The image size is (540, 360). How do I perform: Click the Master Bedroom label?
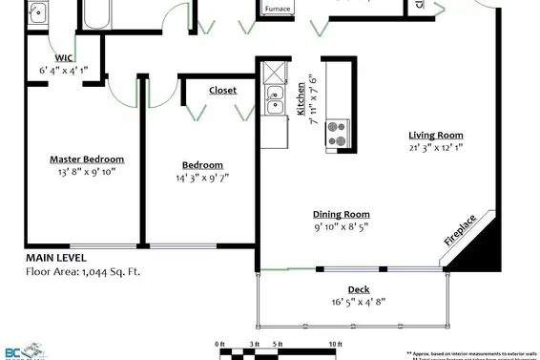(87, 159)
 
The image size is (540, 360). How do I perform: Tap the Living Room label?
(436, 135)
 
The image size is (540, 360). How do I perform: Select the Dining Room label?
(342, 215)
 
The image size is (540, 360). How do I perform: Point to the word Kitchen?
(301, 98)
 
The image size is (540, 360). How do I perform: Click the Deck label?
(359, 289)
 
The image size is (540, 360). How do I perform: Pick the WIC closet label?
(64, 58)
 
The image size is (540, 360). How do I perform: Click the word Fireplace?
(461, 232)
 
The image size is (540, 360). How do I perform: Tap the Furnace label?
(278, 9)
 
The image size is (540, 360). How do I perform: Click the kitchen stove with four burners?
(338, 131)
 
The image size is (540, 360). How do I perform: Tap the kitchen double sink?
(275, 98)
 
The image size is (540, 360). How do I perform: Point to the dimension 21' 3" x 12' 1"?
(436, 147)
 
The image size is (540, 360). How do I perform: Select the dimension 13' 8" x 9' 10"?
(87, 172)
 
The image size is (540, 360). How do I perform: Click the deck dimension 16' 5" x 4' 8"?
(359, 302)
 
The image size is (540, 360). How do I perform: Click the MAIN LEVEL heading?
(55, 258)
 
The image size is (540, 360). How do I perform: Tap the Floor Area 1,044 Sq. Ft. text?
(82, 271)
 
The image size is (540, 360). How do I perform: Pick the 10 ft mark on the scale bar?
(335, 342)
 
